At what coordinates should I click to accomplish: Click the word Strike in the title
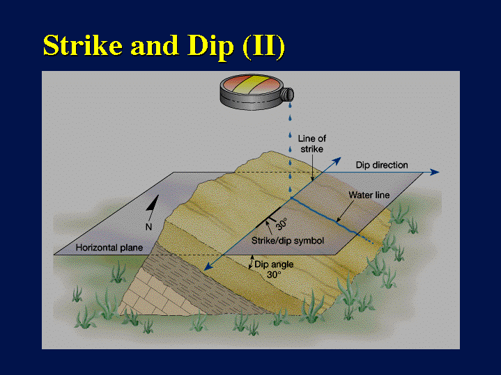coord(83,45)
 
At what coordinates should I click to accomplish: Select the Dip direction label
coord(382,165)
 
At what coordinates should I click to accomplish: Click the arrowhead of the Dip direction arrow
coord(435,172)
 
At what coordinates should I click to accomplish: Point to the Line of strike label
coord(312,143)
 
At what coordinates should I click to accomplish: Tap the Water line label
coord(369,195)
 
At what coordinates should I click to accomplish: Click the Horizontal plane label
coord(109,248)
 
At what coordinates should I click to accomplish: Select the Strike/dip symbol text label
coord(288,241)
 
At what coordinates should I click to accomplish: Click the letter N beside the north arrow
coord(148,227)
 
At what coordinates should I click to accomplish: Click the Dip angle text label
coord(274,264)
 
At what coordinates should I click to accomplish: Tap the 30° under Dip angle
coord(274,275)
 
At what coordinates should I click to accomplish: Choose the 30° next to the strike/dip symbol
coord(282,224)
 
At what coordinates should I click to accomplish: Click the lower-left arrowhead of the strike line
coord(208,266)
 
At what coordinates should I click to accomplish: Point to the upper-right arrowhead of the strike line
coord(337,161)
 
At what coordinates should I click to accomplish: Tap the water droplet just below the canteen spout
coord(289,105)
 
